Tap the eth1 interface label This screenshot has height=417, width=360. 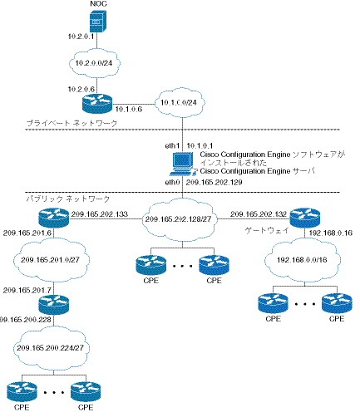[x=173, y=145]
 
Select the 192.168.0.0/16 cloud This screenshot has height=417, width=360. [x=302, y=259]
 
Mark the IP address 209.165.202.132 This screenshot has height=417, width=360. [x=259, y=213]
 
